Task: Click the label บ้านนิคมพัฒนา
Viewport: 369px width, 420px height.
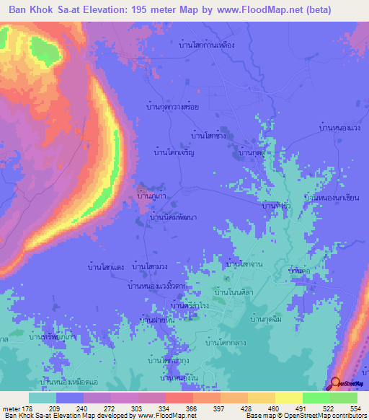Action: (174, 216)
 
